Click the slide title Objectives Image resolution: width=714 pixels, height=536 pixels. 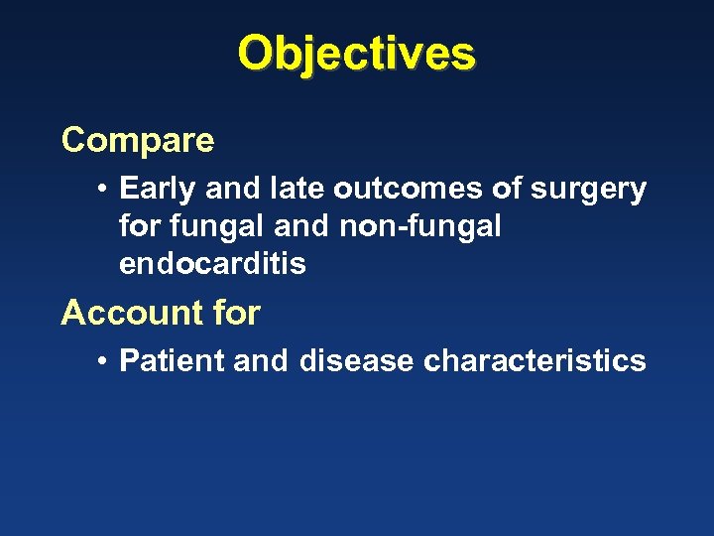[x=357, y=54]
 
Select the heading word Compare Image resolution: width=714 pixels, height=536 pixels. [x=138, y=141]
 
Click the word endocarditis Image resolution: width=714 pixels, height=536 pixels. [x=212, y=264]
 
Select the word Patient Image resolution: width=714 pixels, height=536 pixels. [x=171, y=360]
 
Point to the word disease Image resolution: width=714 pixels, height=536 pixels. [x=356, y=360]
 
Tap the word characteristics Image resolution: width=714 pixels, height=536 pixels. [x=535, y=360]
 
